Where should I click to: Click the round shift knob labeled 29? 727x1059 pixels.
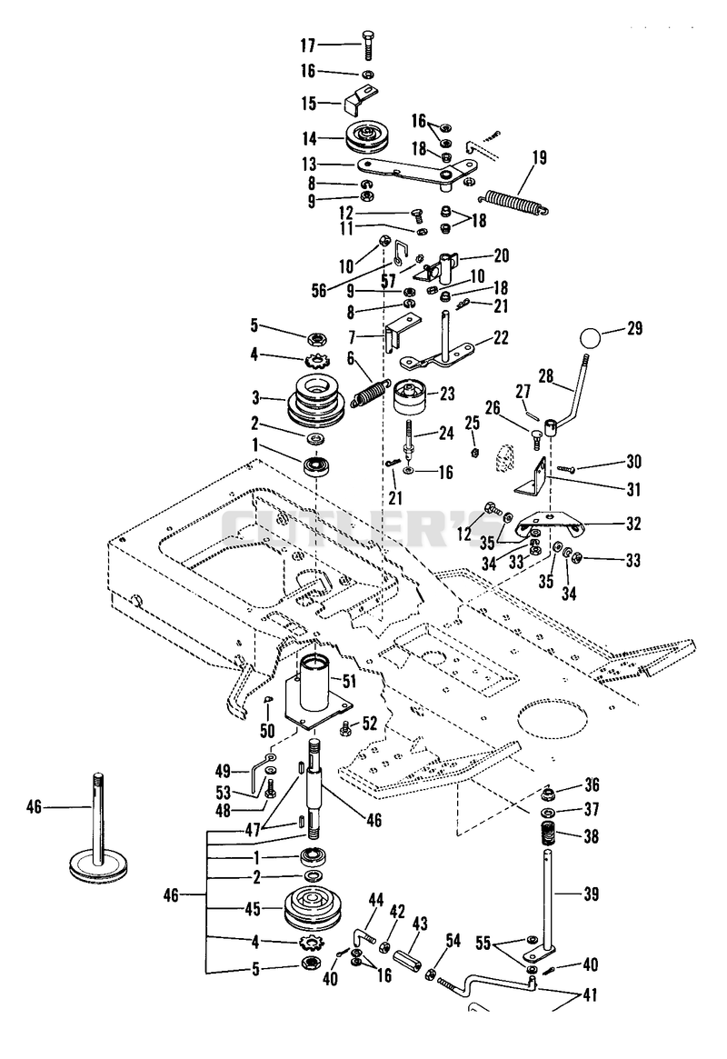pos(592,337)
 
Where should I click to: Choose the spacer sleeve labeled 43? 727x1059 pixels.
pos(408,959)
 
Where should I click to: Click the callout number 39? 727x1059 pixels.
pos(590,894)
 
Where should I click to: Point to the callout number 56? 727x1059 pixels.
pos(319,290)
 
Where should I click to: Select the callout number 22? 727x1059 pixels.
pos(500,337)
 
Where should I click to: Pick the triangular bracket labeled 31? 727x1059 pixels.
pos(532,477)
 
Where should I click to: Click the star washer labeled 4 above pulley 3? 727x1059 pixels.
pos(314,360)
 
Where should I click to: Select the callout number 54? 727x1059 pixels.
pos(453,940)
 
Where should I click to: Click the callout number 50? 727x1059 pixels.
pos(268,729)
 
